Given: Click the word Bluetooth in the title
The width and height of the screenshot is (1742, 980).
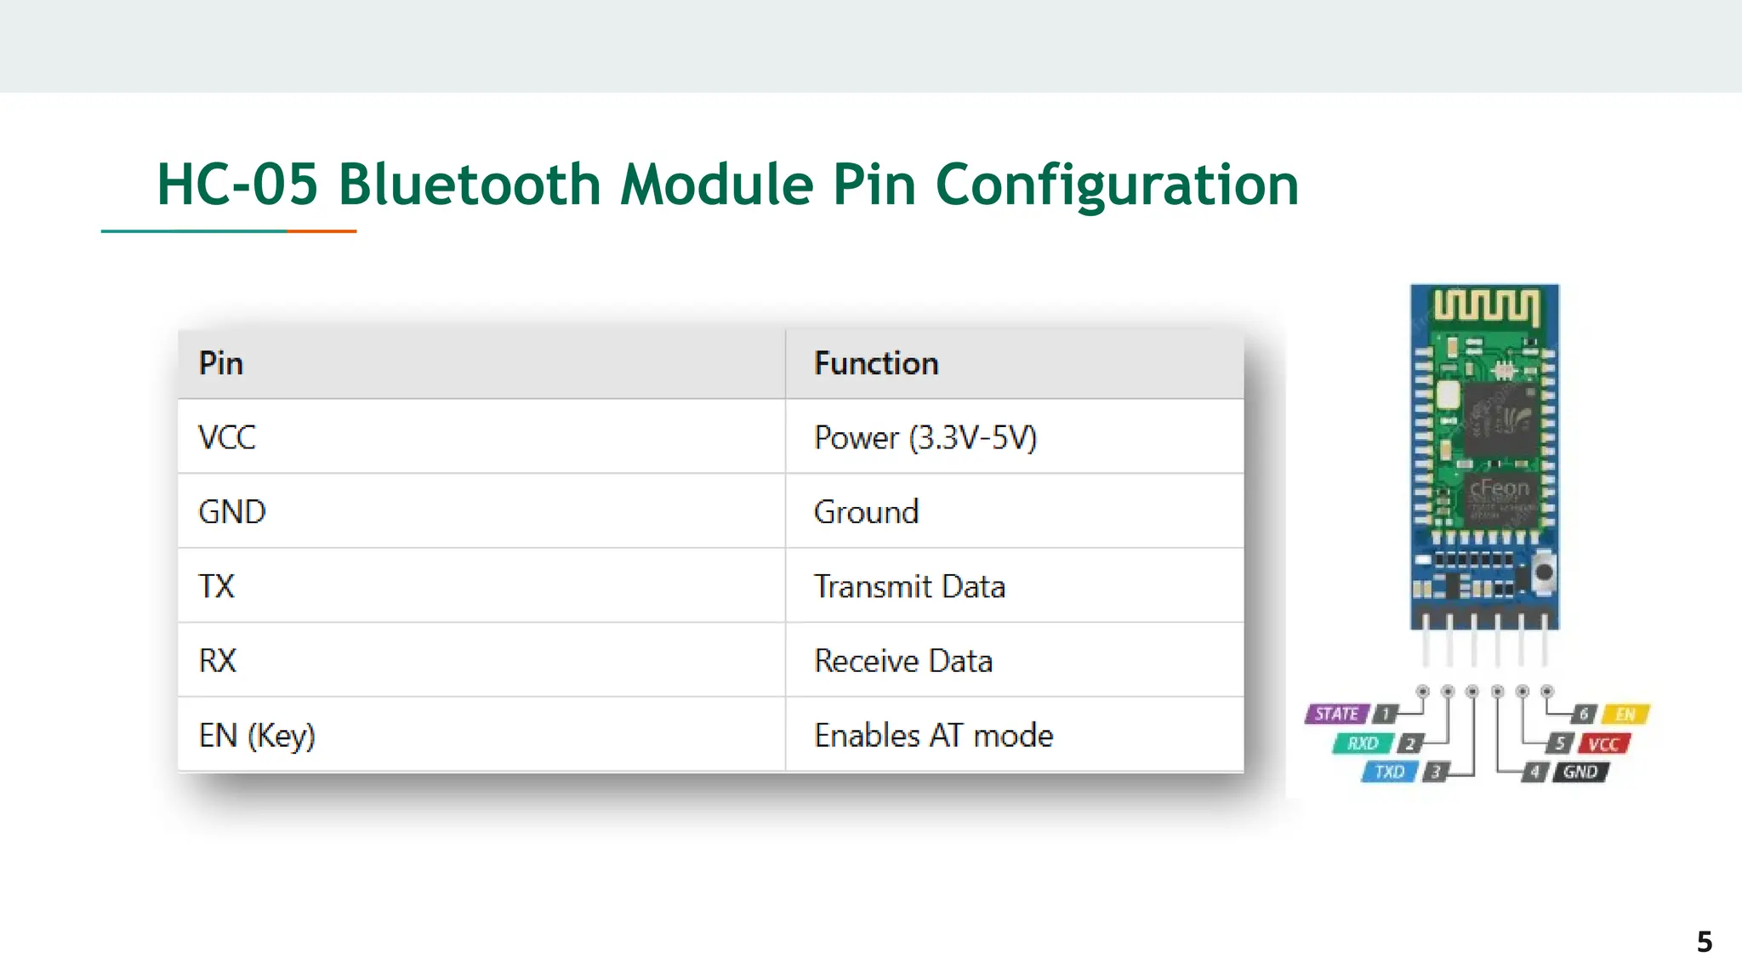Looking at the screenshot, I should [x=470, y=185].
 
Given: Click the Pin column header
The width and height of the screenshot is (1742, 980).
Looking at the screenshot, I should [x=221, y=364].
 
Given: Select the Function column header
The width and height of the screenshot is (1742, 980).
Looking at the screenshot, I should [x=876, y=364].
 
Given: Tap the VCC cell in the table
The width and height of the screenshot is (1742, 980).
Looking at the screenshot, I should [x=227, y=438].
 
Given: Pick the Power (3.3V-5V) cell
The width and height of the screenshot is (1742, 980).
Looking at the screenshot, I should [x=925, y=438].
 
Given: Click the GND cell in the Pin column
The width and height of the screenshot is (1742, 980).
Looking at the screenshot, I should [x=232, y=512].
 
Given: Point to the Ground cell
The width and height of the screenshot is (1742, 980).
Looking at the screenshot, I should [x=866, y=512].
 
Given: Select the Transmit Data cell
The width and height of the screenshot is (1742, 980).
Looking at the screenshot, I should [x=909, y=587].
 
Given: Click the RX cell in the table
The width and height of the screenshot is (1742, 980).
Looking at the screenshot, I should [x=218, y=661].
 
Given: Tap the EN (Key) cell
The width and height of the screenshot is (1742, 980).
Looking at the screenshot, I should [x=257, y=736].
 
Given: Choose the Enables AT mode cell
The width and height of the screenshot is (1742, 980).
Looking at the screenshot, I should [x=933, y=736].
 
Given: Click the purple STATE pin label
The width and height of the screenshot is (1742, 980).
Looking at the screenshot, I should [x=1337, y=715].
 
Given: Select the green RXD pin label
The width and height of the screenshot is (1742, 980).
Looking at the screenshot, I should [x=1363, y=744].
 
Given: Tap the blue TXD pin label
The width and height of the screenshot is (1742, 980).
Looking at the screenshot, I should [x=1390, y=772].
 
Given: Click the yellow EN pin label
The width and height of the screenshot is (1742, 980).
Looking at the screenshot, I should [x=1625, y=715].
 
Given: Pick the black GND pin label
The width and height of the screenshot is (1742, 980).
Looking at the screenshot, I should [x=1580, y=772].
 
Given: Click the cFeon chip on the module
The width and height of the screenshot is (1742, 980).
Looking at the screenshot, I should [x=1500, y=498].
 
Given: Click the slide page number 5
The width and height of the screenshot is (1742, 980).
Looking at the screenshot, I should [x=1705, y=943].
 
